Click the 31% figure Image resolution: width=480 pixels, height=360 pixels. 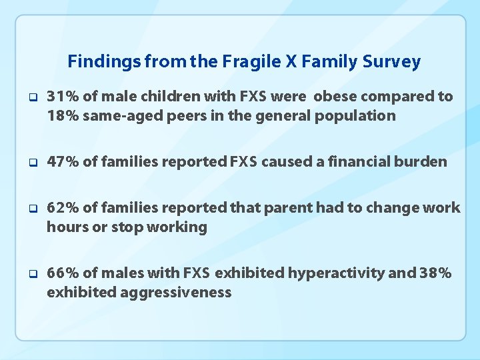(x=63, y=97)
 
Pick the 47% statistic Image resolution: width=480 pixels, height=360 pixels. (x=63, y=161)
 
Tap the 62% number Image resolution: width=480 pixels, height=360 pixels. (x=63, y=208)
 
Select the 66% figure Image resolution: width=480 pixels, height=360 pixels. (x=63, y=273)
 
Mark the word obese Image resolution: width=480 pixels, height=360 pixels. (x=335, y=97)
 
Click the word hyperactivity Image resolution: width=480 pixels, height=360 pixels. (x=345, y=273)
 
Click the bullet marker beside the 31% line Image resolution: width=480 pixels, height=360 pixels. (x=32, y=97)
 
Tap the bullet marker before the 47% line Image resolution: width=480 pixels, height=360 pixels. (x=32, y=162)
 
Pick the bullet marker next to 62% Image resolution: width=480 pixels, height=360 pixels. (x=32, y=209)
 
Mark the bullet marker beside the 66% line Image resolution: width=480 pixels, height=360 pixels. (x=32, y=274)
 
